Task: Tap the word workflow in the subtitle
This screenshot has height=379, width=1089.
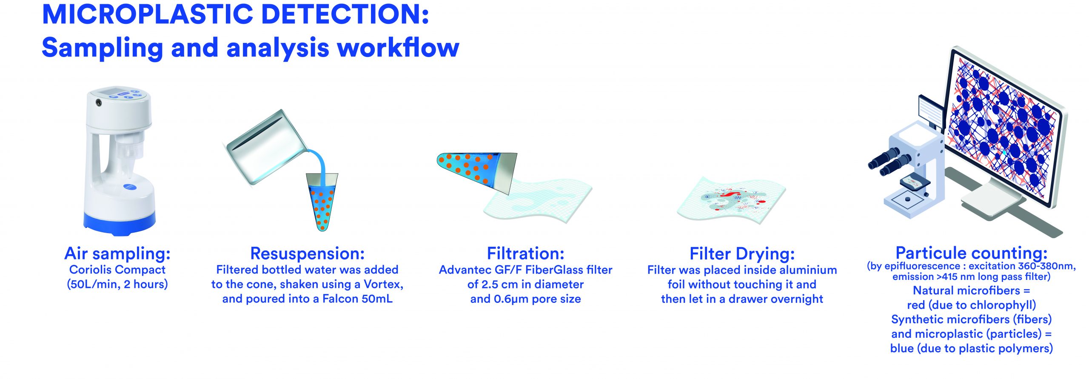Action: point(398,47)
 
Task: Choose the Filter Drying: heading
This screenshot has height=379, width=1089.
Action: point(742,254)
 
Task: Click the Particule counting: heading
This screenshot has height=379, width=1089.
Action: point(971,253)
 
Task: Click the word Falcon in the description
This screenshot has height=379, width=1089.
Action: point(340,299)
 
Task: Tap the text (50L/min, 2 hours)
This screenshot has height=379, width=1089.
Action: point(117,284)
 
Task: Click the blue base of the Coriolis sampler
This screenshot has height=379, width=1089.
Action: point(119,221)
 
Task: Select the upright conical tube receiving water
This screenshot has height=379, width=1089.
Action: point(322,202)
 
